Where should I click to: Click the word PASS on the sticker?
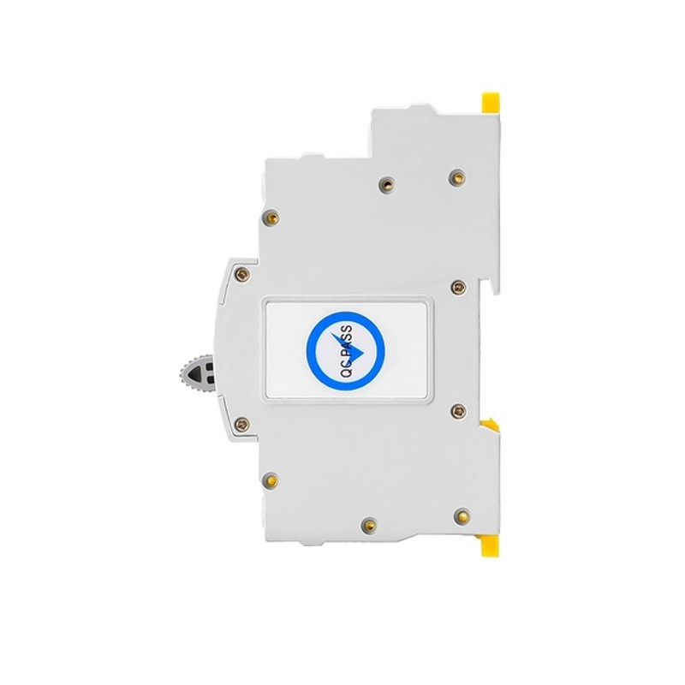346,341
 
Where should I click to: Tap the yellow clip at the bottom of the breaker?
490,546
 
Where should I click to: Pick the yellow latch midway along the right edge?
489,423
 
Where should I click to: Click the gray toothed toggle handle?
198,374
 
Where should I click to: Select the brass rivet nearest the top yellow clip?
457,177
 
